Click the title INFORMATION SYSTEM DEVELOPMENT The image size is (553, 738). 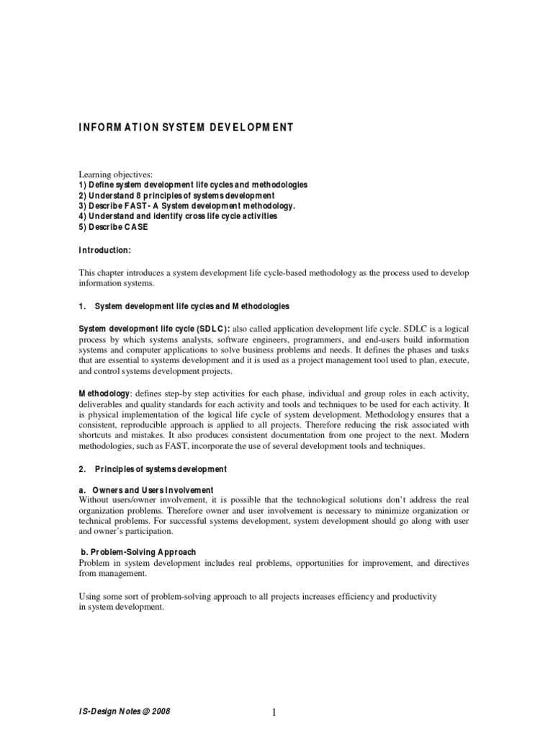click(186, 128)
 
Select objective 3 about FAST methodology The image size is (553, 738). click(187, 205)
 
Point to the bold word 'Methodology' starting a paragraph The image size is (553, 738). click(104, 394)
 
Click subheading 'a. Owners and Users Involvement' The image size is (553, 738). click(145, 490)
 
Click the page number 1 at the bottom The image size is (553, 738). click(274, 713)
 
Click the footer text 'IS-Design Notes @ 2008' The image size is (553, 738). click(125, 711)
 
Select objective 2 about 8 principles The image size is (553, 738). click(176, 195)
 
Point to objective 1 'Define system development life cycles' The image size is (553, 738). click(193, 185)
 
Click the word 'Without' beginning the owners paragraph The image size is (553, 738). click(95, 500)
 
